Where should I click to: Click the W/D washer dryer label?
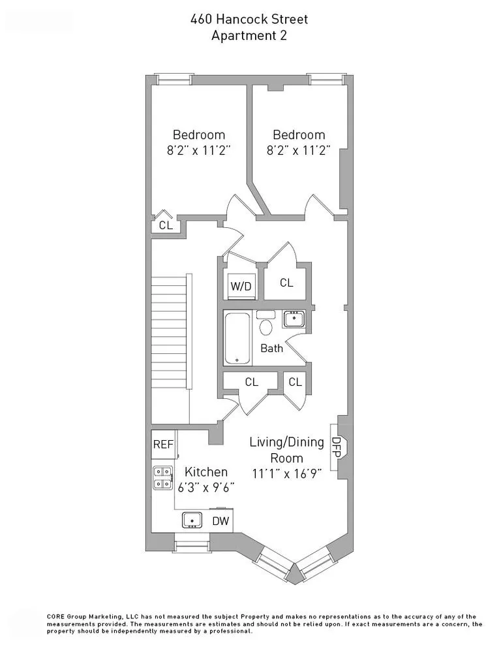(x=241, y=285)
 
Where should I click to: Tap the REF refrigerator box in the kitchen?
(x=163, y=445)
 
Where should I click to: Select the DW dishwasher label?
(x=220, y=520)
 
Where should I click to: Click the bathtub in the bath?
(x=237, y=339)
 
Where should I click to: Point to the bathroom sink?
(x=293, y=319)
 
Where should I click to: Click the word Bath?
(x=271, y=348)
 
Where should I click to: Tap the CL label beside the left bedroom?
(x=166, y=225)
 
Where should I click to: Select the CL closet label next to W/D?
(x=286, y=283)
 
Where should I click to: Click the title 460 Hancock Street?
(x=249, y=20)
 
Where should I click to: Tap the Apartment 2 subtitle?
(x=249, y=36)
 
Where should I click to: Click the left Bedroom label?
(x=199, y=135)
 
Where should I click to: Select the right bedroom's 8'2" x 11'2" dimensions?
(x=299, y=150)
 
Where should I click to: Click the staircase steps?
(x=170, y=333)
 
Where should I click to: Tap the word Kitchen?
(x=206, y=471)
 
